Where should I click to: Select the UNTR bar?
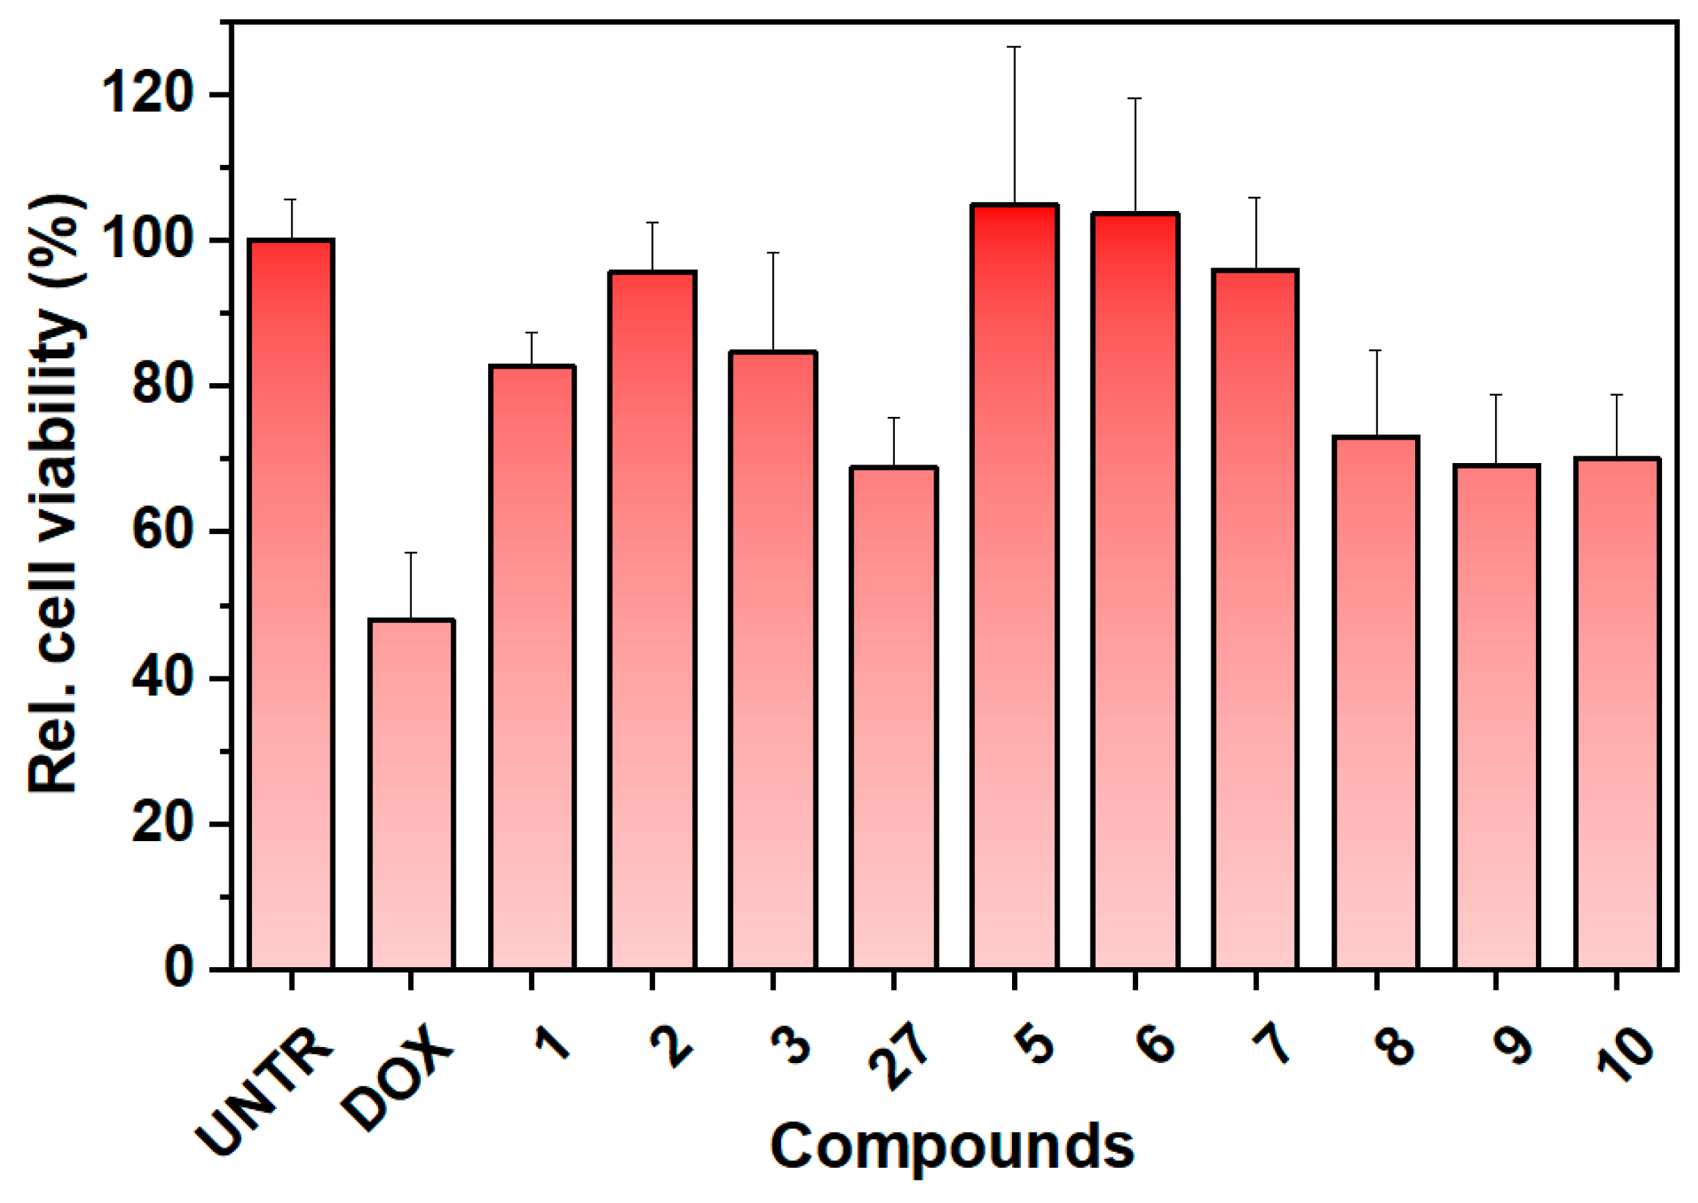(291, 604)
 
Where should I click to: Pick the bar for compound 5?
(1014, 585)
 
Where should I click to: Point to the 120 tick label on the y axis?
(148, 95)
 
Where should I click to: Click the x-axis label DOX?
(397, 1078)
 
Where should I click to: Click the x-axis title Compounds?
(952, 1146)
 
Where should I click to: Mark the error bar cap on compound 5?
(1014, 47)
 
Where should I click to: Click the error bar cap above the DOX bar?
(411, 552)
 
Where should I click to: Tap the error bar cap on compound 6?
(1135, 97)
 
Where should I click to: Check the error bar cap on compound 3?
(773, 253)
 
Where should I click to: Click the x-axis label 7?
(1273, 1045)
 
